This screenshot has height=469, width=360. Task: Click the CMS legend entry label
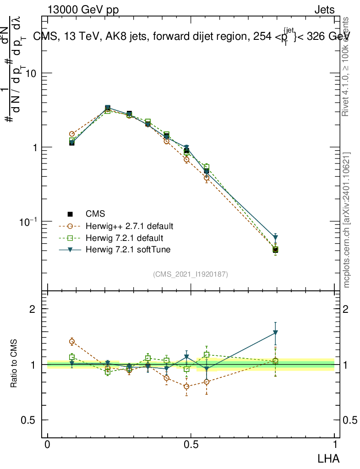95,214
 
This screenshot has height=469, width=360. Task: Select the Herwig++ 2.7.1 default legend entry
122,226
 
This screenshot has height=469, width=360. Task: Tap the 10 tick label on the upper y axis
31,73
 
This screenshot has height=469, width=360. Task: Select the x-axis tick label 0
48,444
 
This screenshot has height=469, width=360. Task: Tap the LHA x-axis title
329,458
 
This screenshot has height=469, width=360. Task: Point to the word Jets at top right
324,10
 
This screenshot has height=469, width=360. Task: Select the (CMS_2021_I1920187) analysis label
191,274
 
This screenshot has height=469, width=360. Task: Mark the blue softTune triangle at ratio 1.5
275,333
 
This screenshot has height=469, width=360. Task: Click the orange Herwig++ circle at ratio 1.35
72,341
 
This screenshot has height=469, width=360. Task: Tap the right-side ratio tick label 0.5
351,420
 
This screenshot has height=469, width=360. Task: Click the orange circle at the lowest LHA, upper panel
72,134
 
